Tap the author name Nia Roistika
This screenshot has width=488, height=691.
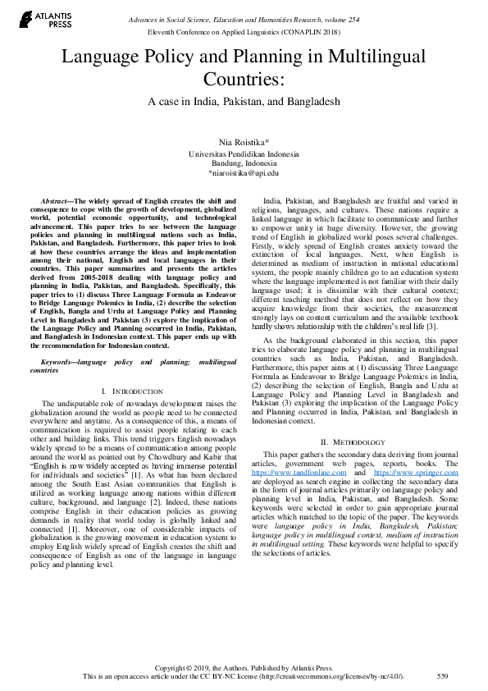244,143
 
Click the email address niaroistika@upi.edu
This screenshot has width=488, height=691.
244,173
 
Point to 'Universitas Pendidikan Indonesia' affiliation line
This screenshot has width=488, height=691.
244,153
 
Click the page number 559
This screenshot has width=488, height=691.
442,675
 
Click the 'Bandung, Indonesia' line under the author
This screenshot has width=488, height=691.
244,163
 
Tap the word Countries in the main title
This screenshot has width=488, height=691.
244,80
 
